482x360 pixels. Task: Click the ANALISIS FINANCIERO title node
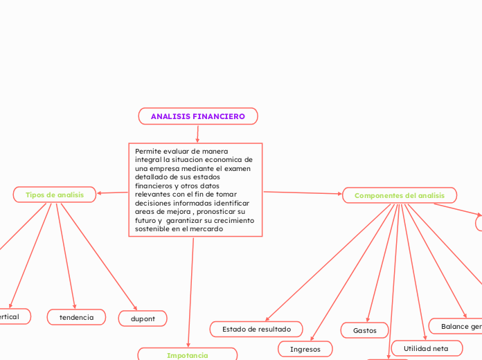point(198,116)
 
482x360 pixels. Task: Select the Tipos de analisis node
point(55,195)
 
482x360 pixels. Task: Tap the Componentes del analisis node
point(400,196)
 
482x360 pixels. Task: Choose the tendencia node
point(76,317)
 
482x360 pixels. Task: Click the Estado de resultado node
point(256,329)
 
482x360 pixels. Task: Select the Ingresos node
point(305,349)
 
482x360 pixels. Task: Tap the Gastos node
point(365,330)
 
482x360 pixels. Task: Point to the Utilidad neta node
point(426,348)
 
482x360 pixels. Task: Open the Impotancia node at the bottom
point(187,355)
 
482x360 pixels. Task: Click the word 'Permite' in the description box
point(149,151)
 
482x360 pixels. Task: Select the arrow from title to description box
point(197,134)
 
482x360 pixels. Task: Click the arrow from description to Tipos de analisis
point(113,192)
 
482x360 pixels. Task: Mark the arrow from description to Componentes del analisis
point(303,193)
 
